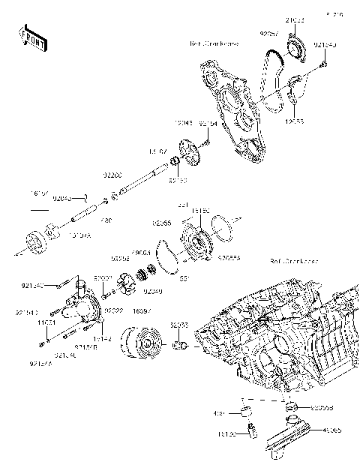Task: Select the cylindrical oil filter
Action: [142, 341]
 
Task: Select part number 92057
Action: [269, 34]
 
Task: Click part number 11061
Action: [46, 322]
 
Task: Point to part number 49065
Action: [331, 430]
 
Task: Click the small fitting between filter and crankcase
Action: [180, 346]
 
